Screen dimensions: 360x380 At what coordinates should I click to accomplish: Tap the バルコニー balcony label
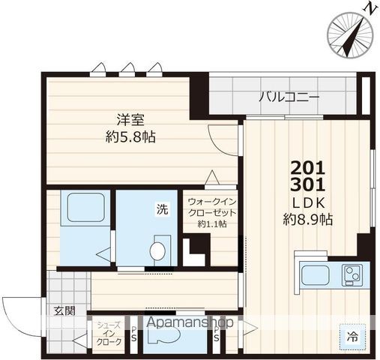pyautogui.click(x=290, y=97)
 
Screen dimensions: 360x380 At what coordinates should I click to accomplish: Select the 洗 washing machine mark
pyautogui.click(x=162, y=210)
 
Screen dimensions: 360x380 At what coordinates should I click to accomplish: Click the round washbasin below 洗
pyautogui.click(x=159, y=249)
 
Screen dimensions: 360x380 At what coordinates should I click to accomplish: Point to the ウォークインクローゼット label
pyautogui.click(x=212, y=207)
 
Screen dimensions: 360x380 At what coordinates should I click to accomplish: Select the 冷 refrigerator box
pyautogui.click(x=352, y=337)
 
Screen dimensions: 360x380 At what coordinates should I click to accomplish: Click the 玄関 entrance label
pyautogui.click(x=63, y=310)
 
